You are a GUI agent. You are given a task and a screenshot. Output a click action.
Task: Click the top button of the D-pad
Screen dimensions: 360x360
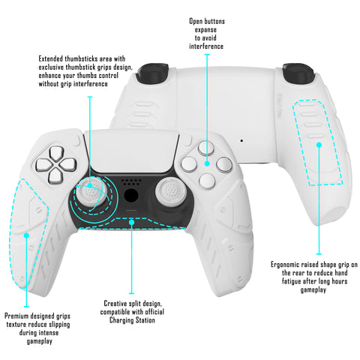click(57, 153)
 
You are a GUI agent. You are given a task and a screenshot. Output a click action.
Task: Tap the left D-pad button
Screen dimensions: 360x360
click(43, 165)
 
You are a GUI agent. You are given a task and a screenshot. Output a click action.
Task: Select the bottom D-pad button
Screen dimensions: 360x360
click(55, 176)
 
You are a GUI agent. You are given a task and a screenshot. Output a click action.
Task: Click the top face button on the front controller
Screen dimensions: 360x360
click(206, 148)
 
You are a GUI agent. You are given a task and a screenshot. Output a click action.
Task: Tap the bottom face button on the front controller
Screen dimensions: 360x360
click(207, 181)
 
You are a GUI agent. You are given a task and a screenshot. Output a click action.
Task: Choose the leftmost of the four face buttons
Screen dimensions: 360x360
click(189, 164)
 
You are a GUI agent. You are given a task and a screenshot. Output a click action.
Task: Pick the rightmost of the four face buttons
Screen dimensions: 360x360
click(224, 165)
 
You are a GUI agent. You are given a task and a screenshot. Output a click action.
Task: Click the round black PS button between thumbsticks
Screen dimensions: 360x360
click(131, 196)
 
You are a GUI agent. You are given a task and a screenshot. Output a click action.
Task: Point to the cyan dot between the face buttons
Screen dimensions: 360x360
click(207, 163)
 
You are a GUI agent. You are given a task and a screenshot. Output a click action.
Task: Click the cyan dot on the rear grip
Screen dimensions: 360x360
click(319, 145)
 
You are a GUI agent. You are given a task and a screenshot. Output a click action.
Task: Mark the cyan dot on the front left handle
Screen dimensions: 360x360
click(26, 235)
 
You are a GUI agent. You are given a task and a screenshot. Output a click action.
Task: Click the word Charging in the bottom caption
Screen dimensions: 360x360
click(121, 320)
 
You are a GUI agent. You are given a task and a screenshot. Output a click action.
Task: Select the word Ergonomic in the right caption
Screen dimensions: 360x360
click(285, 265)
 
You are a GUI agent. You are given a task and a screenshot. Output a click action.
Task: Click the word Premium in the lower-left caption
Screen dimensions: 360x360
click(16, 316)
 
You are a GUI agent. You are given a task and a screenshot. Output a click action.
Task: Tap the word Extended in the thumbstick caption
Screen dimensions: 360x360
click(51, 58)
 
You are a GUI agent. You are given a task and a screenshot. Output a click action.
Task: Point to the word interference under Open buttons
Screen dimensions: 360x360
click(206, 46)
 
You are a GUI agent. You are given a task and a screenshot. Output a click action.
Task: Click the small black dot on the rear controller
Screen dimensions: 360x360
click(241, 141)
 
